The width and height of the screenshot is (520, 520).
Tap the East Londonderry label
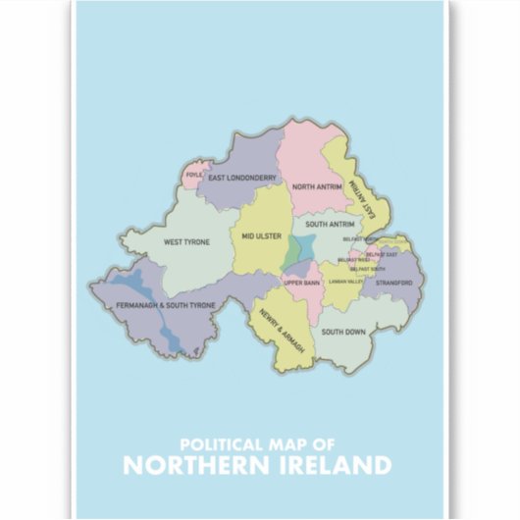tap(244, 179)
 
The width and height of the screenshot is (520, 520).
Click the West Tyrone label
tap(186, 241)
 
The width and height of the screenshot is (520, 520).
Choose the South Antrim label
tap(316, 224)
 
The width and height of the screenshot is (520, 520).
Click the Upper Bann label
tap(302, 284)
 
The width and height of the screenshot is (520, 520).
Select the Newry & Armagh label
tap(283, 333)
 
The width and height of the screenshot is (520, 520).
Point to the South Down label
tap(343, 332)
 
